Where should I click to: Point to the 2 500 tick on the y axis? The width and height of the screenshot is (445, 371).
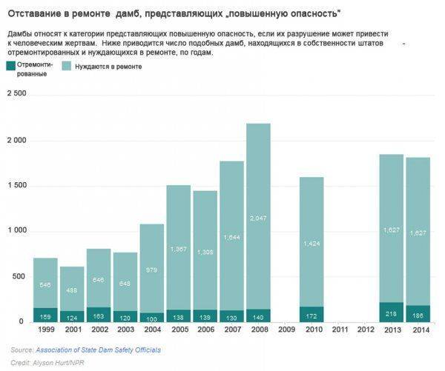pyautogui.click(x=17, y=94)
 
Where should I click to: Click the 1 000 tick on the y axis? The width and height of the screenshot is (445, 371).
pyautogui.click(x=17, y=231)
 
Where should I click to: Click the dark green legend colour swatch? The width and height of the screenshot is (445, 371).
pyautogui.click(x=9, y=66)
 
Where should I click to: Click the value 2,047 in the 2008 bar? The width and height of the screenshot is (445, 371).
pyautogui.click(x=258, y=218)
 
